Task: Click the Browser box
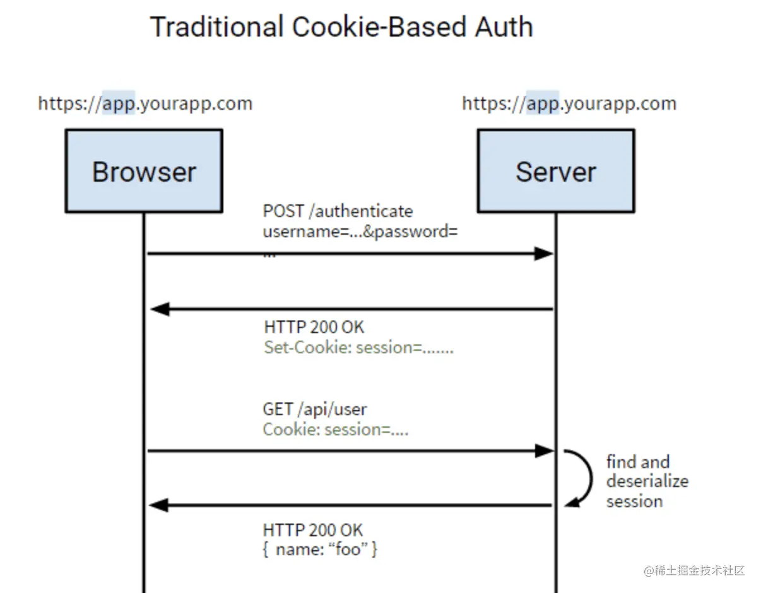(144, 171)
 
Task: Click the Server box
(556, 171)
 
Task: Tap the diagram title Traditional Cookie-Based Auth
(341, 27)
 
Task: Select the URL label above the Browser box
(145, 103)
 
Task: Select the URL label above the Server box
(569, 103)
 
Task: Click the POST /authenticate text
(338, 211)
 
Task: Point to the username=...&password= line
(360, 232)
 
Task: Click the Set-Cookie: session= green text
(359, 348)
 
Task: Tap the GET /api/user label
(315, 409)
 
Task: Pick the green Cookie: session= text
(336, 430)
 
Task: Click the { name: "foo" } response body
(320, 549)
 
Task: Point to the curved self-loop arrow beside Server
(591, 478)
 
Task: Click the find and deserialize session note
(647, 481)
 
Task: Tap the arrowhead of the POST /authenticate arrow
(543, 254)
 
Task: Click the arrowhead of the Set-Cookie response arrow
(160, 309)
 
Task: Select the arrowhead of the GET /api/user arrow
(544, 451)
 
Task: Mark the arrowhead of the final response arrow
(158, 505)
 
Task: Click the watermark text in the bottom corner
(694, 570)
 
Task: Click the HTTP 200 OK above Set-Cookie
(314, 327)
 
